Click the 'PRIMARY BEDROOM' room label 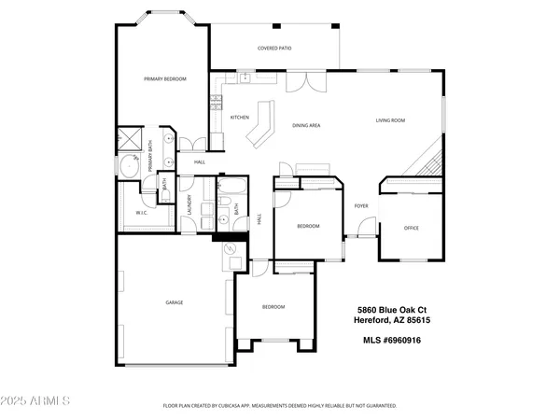click(x=165, y=79)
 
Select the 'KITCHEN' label click(x=239, y=118)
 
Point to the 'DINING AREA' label click(x=306, y=125)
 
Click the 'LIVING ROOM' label click(x=390, y=120)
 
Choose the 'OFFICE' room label click(x=412, y=228)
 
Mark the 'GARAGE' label click(x=174, y=302)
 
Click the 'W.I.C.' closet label click(x=142, y=213)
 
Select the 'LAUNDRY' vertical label click(x=189, y=205)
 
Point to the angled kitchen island click(x=261, y=126)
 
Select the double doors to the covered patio click(x=300, y=83)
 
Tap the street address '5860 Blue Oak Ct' click(x=392, y=310)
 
